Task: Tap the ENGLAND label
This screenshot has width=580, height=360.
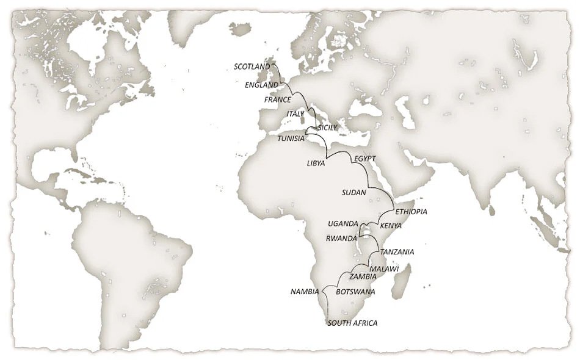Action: [261, 85]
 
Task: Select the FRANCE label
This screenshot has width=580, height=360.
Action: [277, 99]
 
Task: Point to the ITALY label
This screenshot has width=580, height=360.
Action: [295, 114]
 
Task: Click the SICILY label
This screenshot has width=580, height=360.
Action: [327, 128]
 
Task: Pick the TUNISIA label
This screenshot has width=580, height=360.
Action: [291, 139]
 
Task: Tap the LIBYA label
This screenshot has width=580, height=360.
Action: [316, 164]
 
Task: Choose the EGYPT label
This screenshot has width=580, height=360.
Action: [364, 159]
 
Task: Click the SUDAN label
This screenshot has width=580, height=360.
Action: [355, 193]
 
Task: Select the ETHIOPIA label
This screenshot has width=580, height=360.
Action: [411, 212]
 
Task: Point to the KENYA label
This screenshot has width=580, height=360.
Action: [391, 226]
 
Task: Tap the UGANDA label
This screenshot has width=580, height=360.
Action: [343, 224]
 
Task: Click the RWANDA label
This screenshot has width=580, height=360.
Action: [341, 239]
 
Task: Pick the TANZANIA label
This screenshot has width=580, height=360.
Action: [397, 252]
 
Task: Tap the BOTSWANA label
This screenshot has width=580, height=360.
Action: [355, 292]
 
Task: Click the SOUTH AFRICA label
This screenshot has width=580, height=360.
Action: [352, 323]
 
